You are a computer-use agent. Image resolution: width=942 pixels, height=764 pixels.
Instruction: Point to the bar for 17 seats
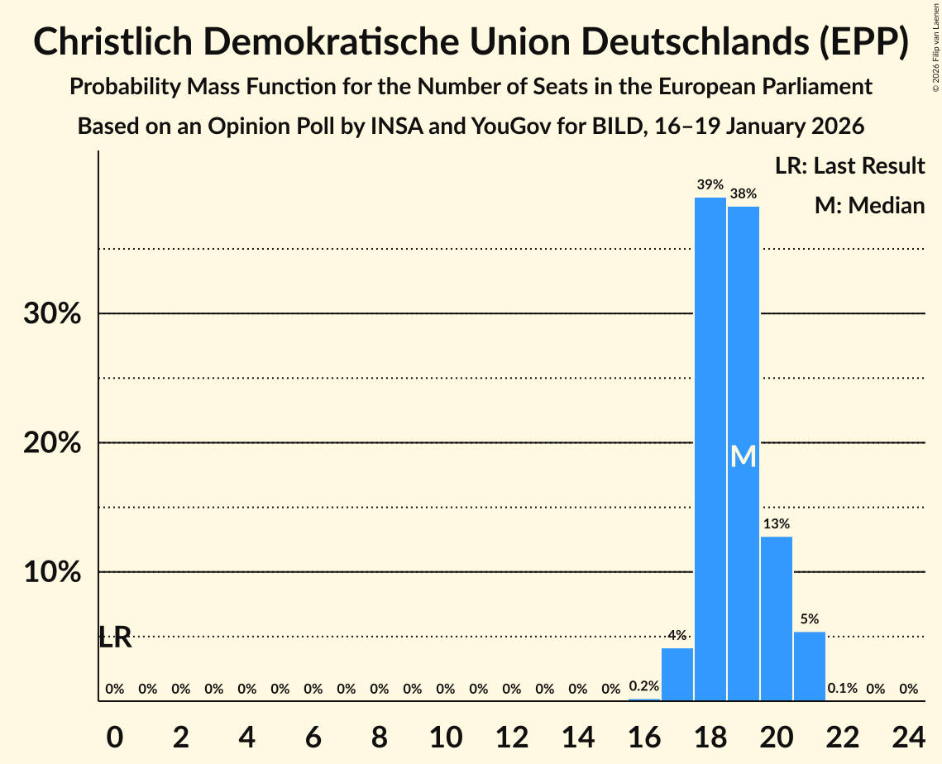677,674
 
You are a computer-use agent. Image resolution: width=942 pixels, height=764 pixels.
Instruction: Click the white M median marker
743,456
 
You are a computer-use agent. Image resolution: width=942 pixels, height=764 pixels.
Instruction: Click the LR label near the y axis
115,637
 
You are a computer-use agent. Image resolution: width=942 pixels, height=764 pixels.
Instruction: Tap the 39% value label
710,184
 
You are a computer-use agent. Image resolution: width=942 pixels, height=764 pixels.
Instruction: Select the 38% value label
743,193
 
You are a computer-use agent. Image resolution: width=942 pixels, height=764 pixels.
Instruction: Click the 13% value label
776,523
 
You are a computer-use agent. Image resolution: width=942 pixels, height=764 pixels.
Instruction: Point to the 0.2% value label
643,685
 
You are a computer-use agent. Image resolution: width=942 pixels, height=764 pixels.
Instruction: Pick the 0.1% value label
842,688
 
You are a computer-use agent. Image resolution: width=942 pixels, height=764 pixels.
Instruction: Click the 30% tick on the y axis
52,314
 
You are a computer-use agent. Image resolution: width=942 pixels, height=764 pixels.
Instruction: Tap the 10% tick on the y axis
52,572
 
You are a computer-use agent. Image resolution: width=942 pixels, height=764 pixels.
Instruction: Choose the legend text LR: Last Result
849,166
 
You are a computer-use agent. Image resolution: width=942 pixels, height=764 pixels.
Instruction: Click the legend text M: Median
869,205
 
